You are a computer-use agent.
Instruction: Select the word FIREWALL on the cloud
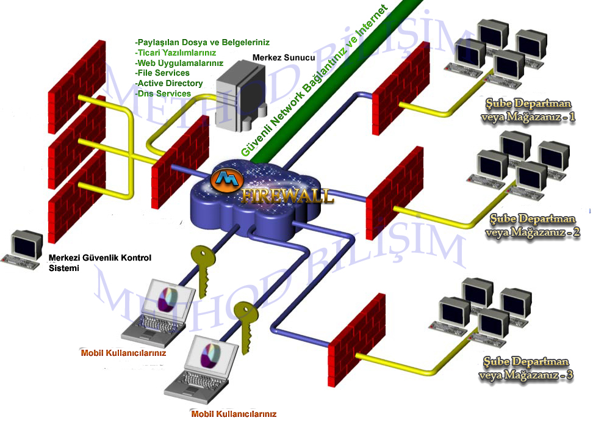pyautogui.click(x=287, y=196)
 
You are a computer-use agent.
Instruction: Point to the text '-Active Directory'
pyautogui.click(x=169, y=84)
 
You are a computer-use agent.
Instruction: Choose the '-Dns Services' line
pyautogui.click(x=163, y=94)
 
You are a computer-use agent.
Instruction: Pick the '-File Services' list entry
pyautogui.click(x=162, y=73)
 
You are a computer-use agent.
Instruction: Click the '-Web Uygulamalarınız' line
pyautogui.click(x=179, y=63)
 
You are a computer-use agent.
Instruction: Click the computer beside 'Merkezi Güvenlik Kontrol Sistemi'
pyautogui.click(x=23, y=250)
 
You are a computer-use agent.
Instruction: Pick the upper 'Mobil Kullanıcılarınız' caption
pyautogui.click(x=123, y=353)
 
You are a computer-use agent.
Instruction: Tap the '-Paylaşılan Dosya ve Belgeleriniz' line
pyautogui.click(x=202, y=43)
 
